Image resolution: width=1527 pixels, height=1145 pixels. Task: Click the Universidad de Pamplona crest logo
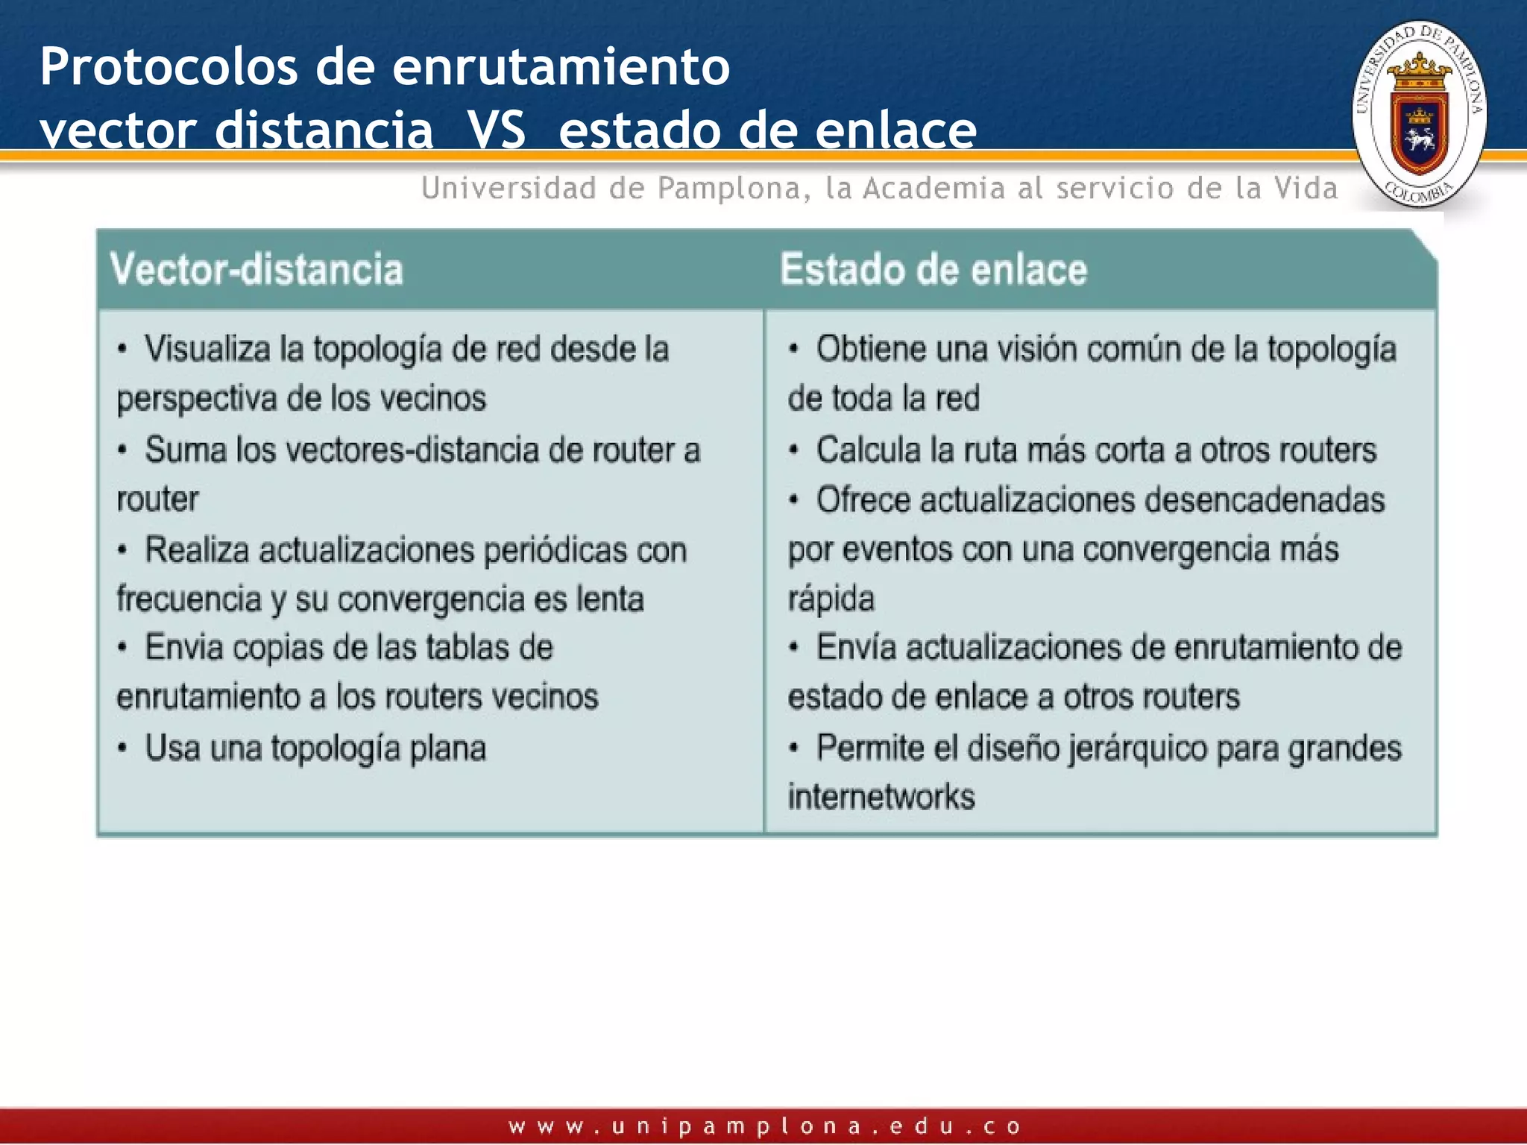point(1419,114)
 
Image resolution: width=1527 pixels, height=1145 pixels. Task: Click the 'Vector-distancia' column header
point(256,269)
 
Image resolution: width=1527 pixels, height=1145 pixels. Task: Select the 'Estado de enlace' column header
point(933,269)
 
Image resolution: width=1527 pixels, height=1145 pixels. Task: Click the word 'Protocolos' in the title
point(169,66)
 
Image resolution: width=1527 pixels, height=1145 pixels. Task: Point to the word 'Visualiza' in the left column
point(207,349)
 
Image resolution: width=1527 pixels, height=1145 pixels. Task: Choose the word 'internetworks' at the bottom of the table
point(881,797)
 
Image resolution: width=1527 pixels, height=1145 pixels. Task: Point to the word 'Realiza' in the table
point(197,550)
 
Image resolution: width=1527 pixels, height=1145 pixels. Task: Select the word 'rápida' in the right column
point(831,599)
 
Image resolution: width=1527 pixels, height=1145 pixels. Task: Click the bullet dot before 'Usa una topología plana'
point(122,748)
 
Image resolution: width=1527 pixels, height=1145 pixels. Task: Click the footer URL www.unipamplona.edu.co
point(763,1126)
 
